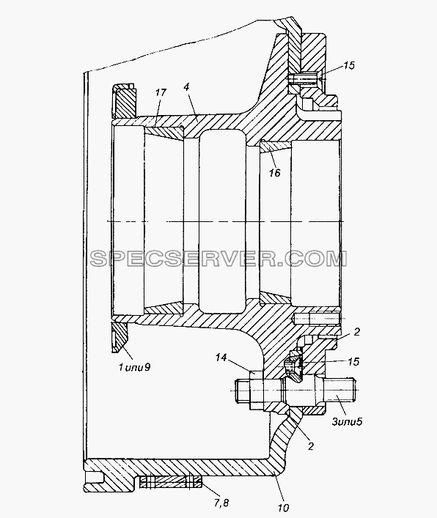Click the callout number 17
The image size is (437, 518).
coord(161,93)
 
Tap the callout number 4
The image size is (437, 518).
coord(186,87)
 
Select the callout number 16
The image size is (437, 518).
coord(275,172)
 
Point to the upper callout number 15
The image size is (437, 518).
coord(348,65)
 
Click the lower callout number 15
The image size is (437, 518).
coord(353,361)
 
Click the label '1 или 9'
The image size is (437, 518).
coord(134,367)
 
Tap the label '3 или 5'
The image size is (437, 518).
coord(348,421)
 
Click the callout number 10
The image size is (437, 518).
coord(283,508)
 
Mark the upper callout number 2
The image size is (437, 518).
coord(356,332)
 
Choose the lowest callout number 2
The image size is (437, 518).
coord(310,446)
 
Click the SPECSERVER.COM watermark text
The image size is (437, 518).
coord(218,259)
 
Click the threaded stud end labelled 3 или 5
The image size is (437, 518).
coord(339,391)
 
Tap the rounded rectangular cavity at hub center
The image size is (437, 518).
coord(222,221)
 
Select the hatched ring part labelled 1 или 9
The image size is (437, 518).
coord(124,102)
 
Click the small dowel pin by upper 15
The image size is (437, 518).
coord(303,79)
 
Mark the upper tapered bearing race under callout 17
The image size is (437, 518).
coord(164,131)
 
